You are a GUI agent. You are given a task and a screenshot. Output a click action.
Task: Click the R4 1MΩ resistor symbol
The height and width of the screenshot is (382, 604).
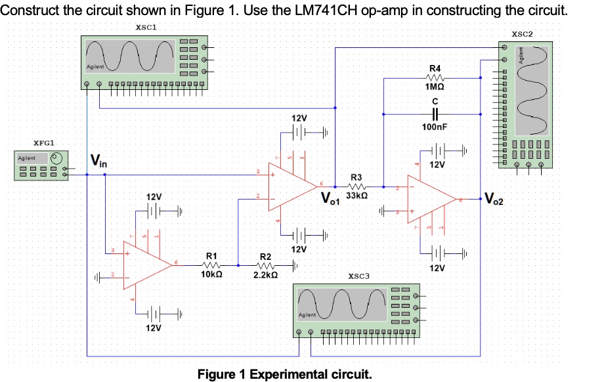tap(435, 78)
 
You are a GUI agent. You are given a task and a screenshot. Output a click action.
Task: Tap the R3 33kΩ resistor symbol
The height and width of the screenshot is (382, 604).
tap(356, 186)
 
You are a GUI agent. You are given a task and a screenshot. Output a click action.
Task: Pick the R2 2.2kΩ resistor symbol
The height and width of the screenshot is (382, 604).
tap(266, 265)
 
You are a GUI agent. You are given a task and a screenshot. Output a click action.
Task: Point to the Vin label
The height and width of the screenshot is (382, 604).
tap(99, 159)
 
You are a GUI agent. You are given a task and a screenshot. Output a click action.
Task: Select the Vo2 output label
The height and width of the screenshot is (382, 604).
tap(494, 198)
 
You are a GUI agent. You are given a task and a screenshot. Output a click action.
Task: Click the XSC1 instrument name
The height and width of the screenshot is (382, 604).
tap(144, 27)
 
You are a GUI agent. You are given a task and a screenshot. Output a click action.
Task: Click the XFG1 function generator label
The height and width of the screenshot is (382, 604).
tap(44, 142)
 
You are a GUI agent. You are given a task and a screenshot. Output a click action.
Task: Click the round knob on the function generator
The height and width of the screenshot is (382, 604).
tap(57, 158)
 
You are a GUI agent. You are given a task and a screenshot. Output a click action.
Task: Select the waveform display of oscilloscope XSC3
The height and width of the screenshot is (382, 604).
tap(341, 304)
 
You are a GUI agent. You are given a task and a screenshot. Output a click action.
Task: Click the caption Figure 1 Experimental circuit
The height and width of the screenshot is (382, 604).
tap(284, 374)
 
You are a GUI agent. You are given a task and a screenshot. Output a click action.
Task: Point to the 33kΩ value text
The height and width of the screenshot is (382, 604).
tap(356, 196)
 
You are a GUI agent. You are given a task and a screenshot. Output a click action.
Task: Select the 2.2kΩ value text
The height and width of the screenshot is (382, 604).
tap(266, 275)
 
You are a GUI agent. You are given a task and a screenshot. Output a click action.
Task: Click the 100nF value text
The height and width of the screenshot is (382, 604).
tap(435, 125)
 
